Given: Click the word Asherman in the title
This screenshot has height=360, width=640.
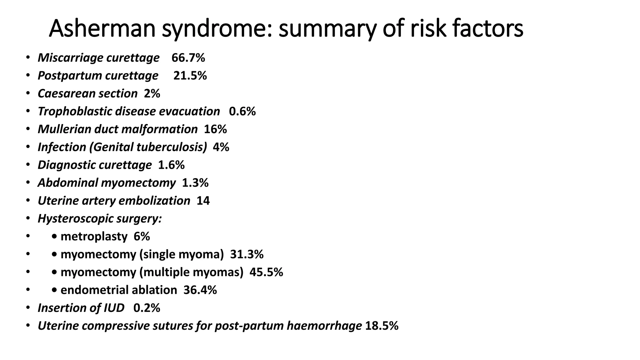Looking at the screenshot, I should coord(102,29).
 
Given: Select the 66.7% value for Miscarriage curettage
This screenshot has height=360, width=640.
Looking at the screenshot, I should coord(188,58).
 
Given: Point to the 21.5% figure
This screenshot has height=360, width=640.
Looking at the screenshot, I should coord(190,76).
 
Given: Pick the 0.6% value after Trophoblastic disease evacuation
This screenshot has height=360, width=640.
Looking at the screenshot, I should coord(242,111).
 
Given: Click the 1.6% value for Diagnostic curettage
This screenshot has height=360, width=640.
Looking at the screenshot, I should coord(171,165).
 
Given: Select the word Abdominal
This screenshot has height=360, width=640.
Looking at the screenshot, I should coord(67,183).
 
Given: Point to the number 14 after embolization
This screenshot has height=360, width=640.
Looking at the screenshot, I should coord(203,201).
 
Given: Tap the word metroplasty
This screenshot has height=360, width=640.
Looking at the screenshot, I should coord(94,237).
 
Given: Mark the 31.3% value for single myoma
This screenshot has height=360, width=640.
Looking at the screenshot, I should coord(247,254).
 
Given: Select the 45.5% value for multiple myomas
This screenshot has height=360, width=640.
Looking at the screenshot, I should coord(266,272).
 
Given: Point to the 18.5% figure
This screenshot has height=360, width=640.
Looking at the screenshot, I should coord(382,326).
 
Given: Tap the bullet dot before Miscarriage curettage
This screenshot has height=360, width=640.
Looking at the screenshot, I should coord(28,57).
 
